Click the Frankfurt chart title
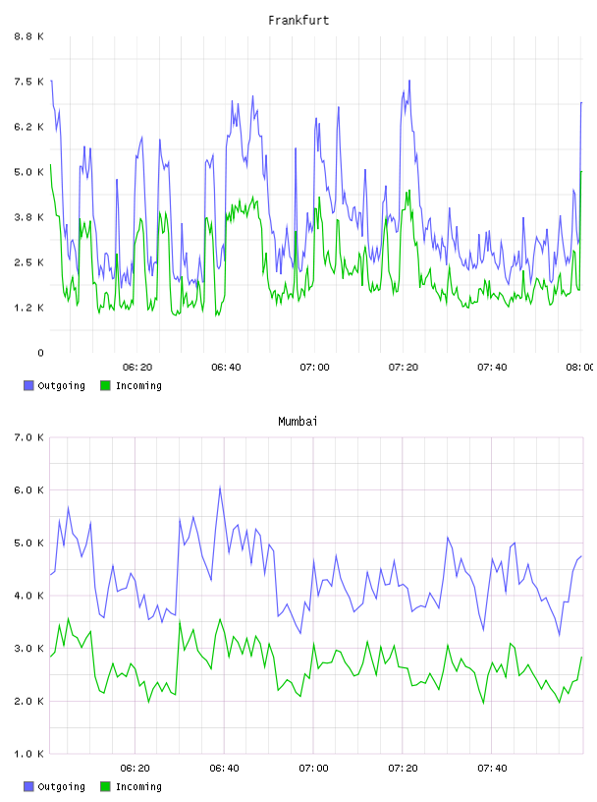coord(298,21)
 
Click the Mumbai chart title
coord(298,422)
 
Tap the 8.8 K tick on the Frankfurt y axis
coord(28,36)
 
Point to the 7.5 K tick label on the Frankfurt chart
coord(28,82)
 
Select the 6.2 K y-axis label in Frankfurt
coord(28,127)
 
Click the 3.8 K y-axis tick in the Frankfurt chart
coord(28,217)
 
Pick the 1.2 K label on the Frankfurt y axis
coord(28,308)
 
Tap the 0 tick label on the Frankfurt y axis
coord(40,353)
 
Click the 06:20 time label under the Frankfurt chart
coord(137,368)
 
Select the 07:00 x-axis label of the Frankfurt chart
coord(314,368)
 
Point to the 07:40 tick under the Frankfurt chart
coord(492,368)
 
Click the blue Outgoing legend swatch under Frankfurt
coord(28,385)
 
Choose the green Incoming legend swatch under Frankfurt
coord(105,385)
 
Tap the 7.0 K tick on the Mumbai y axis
coord(28,437)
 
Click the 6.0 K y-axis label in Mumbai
coord(28,490)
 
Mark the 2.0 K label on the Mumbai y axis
coord(28,701)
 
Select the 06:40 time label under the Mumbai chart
coord(224,769)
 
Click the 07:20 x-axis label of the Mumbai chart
coord(403,769)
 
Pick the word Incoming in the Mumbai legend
coord(138,786)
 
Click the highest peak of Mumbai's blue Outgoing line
coord(220,487)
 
